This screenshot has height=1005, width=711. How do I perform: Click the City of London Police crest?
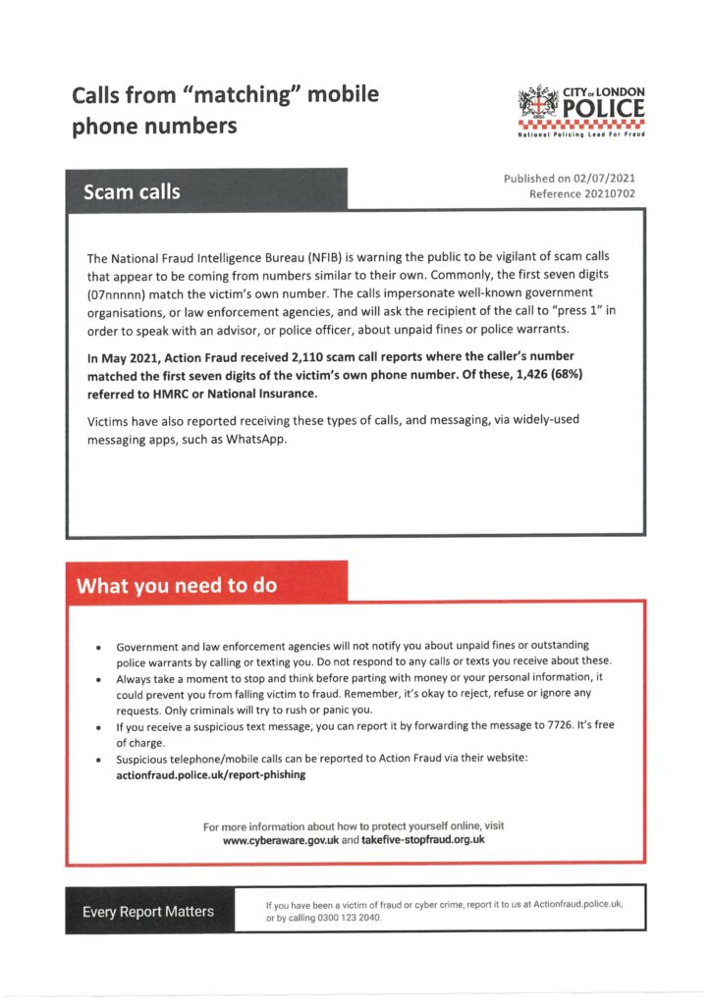tap(537, 104)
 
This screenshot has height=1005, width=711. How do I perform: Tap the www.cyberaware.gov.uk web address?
tap(280, 840)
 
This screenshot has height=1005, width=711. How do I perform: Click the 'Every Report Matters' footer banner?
tap(147, 911)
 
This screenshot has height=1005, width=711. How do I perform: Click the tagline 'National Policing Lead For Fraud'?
tap(581, 133)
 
